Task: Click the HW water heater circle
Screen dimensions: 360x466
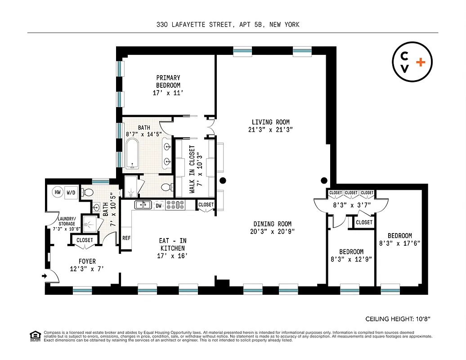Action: tap(58, 192)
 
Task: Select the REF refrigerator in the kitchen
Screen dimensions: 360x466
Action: tap(126, 238)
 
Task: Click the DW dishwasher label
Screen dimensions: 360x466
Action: tap(158, 205)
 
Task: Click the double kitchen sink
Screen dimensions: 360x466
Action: tap(144, 205)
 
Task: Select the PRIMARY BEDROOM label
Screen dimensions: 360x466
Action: tap(168, 81)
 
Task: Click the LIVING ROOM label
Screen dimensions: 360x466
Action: tap(270, 122)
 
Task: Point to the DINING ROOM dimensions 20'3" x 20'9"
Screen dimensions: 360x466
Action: tap(272, 232)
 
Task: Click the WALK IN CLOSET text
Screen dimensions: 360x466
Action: tap(192, 169)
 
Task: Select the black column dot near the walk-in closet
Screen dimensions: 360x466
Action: tap(222, 181)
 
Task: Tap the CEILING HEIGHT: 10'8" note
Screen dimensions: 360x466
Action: tap(398, 319)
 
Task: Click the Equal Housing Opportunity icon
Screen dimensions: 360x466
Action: tap(34, 335)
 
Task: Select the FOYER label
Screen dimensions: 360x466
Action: tap(87, 261)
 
